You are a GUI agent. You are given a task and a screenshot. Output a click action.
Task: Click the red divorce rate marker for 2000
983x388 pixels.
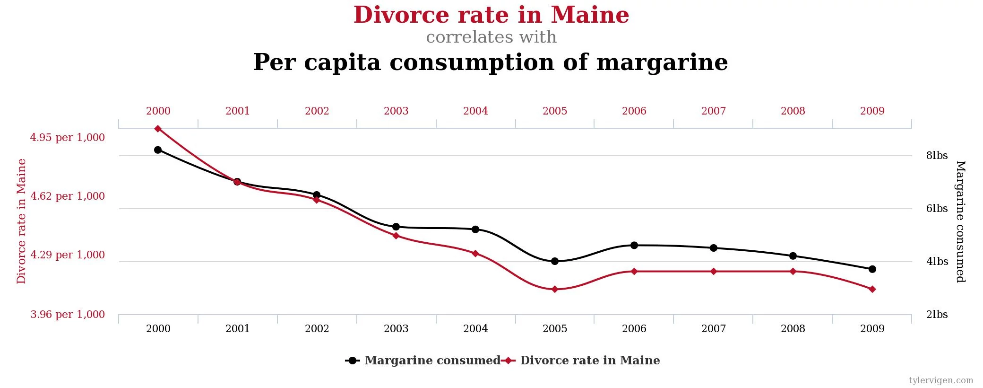158,129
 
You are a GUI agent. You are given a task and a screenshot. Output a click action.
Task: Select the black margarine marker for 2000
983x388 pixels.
158,150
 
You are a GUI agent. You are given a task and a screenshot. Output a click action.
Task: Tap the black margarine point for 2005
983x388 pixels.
555,261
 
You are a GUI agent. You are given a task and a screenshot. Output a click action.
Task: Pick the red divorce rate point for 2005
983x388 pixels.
555,289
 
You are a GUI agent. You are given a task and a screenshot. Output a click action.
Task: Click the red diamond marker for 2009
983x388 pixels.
872,289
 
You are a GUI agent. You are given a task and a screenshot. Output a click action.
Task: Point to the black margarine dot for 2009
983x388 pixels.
872,269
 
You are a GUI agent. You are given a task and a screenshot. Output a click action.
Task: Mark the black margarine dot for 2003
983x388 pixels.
396,227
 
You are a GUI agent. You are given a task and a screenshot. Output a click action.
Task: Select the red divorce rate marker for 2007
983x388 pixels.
714,272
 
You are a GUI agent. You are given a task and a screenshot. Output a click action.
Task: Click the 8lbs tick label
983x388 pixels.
937,156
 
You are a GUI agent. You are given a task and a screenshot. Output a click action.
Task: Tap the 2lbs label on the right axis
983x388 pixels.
937,315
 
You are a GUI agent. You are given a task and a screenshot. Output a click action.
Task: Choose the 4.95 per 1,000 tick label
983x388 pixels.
67,138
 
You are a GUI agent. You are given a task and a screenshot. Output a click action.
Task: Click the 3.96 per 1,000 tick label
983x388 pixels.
67,315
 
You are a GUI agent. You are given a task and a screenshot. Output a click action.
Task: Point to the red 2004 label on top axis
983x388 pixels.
475,111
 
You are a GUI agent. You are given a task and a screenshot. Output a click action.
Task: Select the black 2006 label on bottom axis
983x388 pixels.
634,329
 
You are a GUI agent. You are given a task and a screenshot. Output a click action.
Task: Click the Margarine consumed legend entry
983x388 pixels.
432,361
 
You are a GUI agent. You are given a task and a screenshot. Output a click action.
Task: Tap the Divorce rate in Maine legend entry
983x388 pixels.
590,361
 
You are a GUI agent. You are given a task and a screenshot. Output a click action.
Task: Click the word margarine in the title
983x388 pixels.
662,63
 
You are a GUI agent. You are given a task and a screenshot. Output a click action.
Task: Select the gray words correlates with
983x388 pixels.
491,37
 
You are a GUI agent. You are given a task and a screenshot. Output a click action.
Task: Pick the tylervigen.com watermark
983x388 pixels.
941,380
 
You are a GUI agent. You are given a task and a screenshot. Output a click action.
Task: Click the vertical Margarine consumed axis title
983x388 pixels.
960,221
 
